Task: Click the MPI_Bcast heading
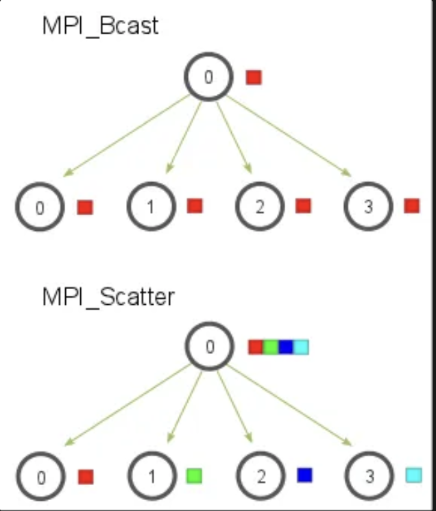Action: pos(100,26)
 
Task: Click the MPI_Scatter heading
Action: pos(108,297)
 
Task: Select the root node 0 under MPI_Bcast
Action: pos(208,77)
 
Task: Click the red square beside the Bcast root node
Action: pos(254,77)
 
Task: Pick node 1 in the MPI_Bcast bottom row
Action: pos(151,207)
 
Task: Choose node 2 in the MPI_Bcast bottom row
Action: pos(259,207)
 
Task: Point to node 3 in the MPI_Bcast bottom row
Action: pos(368,207)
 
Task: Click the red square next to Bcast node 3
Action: pos(411,205)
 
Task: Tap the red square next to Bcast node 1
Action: pos(195,205)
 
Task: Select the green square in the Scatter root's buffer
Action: pos(271,347)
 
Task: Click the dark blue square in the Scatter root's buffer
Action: pos(286,347)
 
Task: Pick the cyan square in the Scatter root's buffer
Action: pos(301,347)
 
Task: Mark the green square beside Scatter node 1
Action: pos(194,475)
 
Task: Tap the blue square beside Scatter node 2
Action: pos(304,475)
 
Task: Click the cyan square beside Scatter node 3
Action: pos(413,475)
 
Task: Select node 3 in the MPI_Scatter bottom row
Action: pos(369,477)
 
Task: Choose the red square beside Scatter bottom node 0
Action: pos(86,477)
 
